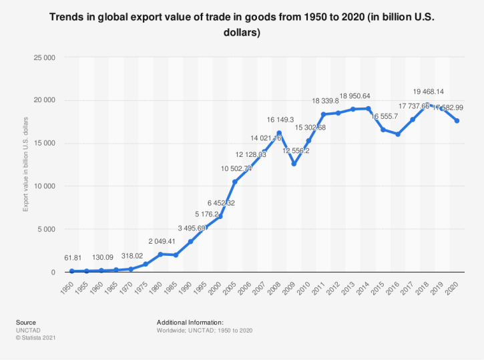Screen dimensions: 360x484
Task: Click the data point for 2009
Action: pos(293,164)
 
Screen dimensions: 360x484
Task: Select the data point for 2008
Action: pos(278,133)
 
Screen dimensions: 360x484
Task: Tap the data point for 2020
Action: pos(457,121)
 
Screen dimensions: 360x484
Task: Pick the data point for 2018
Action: pos(427,105)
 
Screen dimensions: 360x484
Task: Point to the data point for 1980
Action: pos(160,254)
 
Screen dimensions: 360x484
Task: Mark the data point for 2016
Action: pos(397,134)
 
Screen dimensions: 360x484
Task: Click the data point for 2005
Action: pos(234,182)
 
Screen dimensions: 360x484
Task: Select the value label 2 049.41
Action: pos(160,241)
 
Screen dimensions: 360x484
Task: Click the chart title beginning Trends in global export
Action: pos(242,25)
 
